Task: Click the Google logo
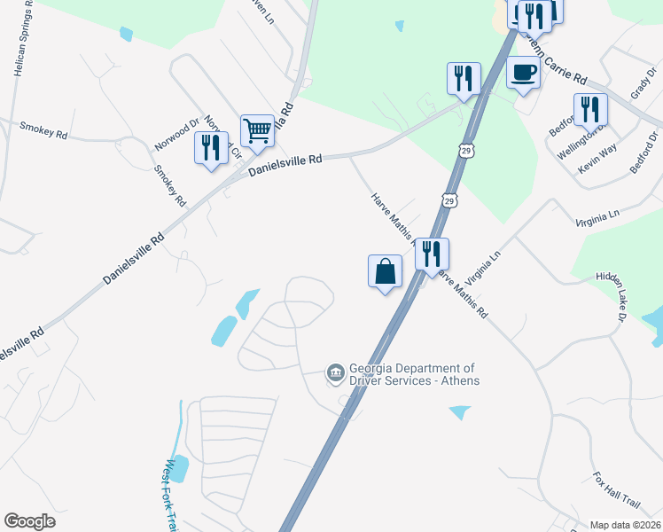tap(30, 521)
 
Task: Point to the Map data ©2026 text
tap(625, 525)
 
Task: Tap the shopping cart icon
tap(257, 129)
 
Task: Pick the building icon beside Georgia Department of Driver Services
tap(336, 373)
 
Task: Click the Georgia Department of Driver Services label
tap(413, 374)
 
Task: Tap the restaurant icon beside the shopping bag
tap(432, 254)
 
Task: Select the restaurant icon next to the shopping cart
tap(211, 147)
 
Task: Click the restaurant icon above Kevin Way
tap(589, 109)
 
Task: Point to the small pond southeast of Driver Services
tap(460, 412)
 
